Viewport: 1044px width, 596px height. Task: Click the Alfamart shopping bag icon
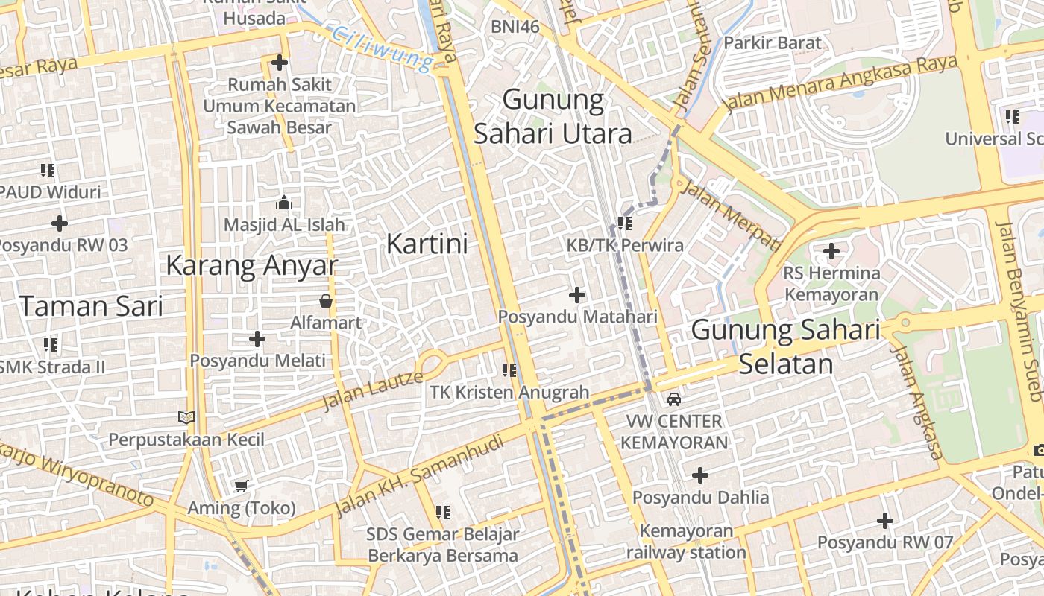click(326, 301)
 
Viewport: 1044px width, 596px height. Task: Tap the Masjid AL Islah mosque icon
click(283, 203)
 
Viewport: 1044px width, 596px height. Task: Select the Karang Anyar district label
click(251, 265)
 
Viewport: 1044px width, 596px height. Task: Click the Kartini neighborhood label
click(427, 244)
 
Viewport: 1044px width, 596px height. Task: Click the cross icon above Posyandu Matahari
click(577, 295)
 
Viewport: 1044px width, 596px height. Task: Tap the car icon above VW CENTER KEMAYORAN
click(674, 399)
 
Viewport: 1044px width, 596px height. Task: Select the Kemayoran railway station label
click(685, 542)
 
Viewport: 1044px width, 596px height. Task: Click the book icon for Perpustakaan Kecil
click(186, 418)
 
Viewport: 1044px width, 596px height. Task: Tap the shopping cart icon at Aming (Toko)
click(241, 486)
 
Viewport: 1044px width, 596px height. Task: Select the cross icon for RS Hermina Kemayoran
click(831, 251)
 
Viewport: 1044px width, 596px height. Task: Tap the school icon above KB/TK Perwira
click(625, 223)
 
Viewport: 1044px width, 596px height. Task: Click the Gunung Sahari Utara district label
click(553, 116)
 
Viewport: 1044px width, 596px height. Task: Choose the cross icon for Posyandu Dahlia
click(700, 475)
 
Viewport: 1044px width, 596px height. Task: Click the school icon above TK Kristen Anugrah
click(509, 370)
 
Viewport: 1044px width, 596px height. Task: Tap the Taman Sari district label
click(91, 305)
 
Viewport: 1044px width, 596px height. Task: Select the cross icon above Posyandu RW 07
click(885, 520)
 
